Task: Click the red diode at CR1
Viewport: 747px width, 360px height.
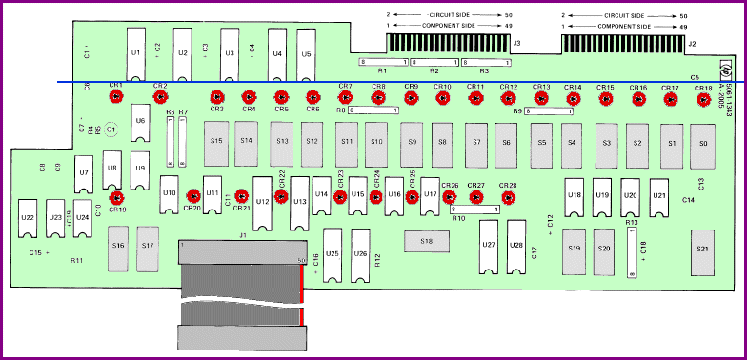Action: click(x=116, y=96)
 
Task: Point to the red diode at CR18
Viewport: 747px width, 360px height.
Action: click(x=703, y=98)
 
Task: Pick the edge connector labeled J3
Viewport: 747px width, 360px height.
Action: click(x=445, y=43)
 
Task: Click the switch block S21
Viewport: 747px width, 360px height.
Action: click(x=702, y=248)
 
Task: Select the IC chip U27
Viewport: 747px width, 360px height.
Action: click(x=488, y=247)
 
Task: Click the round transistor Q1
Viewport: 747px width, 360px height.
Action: click(x=111, y=129)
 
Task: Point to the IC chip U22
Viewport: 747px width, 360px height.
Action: click(x=28, y=218)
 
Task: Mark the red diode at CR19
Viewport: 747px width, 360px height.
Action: click(x=116, y=198)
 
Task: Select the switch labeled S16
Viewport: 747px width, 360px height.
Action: click(x=118, y=246)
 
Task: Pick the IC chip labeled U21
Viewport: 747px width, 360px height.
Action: click(x=658, y=195)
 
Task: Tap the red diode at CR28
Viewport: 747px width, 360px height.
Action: click(x=508, y=198)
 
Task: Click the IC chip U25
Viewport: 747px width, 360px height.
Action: click(x=333, y=255)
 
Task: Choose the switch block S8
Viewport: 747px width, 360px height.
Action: click(x=442, y=143)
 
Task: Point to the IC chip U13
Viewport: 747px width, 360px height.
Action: click(x=299, y=202)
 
